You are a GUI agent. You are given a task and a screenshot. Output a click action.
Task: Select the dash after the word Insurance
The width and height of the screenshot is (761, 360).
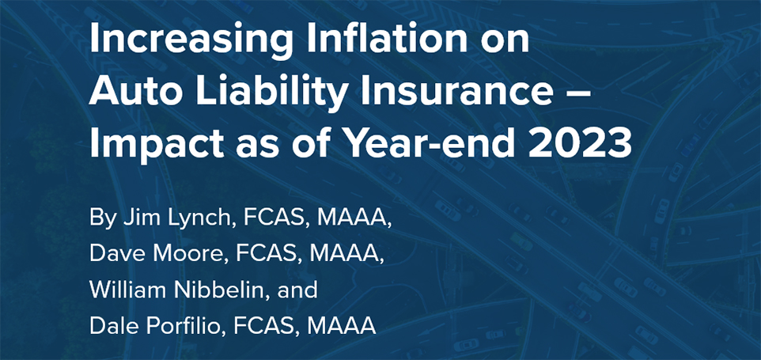point(578,93)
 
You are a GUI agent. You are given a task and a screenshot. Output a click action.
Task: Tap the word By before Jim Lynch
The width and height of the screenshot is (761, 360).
point(103,220)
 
